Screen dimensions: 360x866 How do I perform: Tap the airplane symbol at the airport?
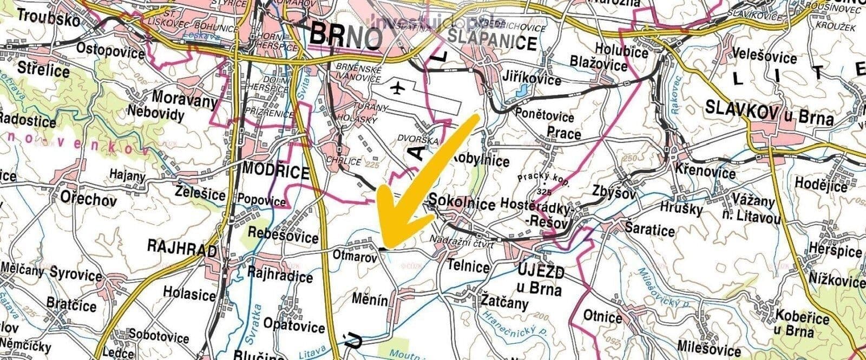point(398,87)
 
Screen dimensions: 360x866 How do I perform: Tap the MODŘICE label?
point(275,171)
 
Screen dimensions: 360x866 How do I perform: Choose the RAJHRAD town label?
point(182,248)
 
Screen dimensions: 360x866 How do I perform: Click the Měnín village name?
point(370,299)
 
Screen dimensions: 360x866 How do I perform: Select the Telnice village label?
point(469,266)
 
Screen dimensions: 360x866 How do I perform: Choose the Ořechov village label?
point(89,199)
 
